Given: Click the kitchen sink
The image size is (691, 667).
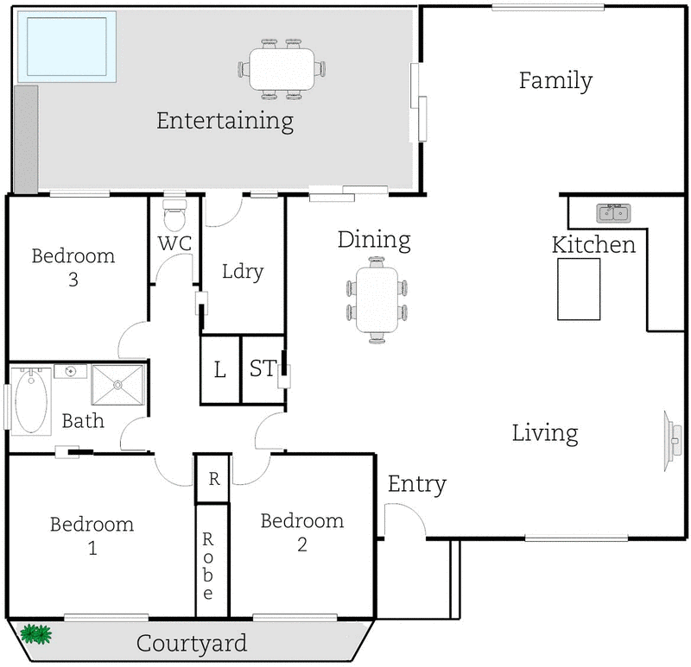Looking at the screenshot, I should (614, 212).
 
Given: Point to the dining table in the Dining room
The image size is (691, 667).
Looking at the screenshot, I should (377, 299).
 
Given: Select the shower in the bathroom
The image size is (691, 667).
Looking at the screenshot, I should (118, 385).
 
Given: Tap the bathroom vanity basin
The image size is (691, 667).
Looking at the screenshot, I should (69, 371).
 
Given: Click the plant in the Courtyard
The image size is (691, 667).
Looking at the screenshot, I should (35, 635).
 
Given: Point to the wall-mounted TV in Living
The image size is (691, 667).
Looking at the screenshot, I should (669, 438).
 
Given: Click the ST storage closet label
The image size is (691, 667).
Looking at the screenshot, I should (262, 370).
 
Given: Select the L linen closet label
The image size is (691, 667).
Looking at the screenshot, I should (219, 371).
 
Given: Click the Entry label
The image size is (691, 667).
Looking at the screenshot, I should (416, 485).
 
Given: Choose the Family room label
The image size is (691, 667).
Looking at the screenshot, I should (555, 81).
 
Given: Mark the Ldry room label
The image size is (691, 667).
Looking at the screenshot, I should (242, 272).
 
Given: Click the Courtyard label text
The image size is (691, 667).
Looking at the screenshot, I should (192, 644).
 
